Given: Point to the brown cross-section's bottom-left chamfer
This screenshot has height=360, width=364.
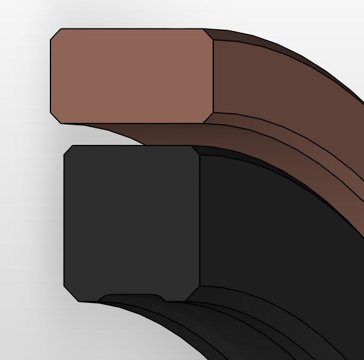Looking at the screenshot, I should tap(55, 118).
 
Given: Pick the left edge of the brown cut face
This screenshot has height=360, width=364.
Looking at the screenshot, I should tap(50, 75).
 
